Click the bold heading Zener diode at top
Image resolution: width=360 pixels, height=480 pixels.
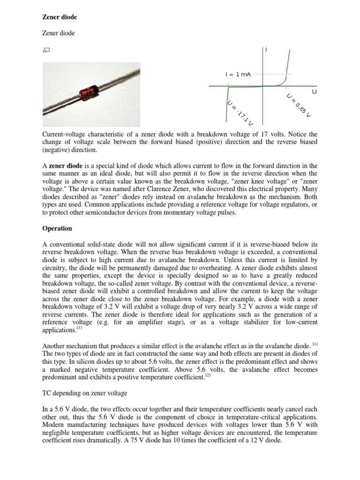[60, 17]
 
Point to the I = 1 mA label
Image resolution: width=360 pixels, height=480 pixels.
[238, 74]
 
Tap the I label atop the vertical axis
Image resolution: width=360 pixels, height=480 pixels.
[266, 49]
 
